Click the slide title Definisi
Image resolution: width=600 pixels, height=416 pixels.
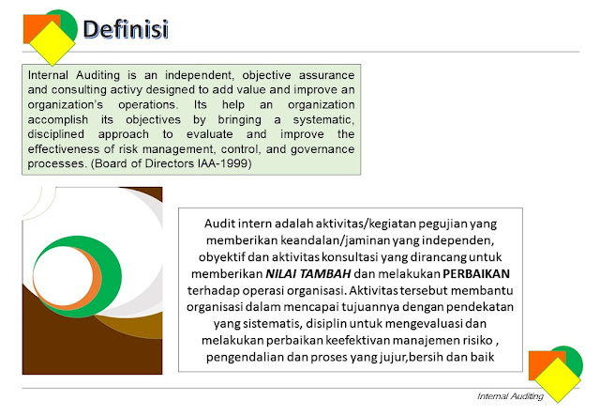click(x=126, y=29)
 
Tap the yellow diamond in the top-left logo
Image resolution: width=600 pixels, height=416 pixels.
click(x=52, y=43)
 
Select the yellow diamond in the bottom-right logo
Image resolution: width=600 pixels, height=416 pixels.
click(x=558, y=380)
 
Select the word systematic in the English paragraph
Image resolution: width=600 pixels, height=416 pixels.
click(x=323, y=119)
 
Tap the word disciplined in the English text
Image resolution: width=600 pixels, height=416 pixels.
click(x=56, y=134)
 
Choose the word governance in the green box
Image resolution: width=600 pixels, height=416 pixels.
click(x=322, y=149)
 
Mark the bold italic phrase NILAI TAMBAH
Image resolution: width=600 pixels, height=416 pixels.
click(x=308, y=274)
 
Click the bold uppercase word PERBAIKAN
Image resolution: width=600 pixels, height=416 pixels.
click(x=476, y=274)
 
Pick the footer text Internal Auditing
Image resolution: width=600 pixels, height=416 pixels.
click(x=510, y=396)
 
